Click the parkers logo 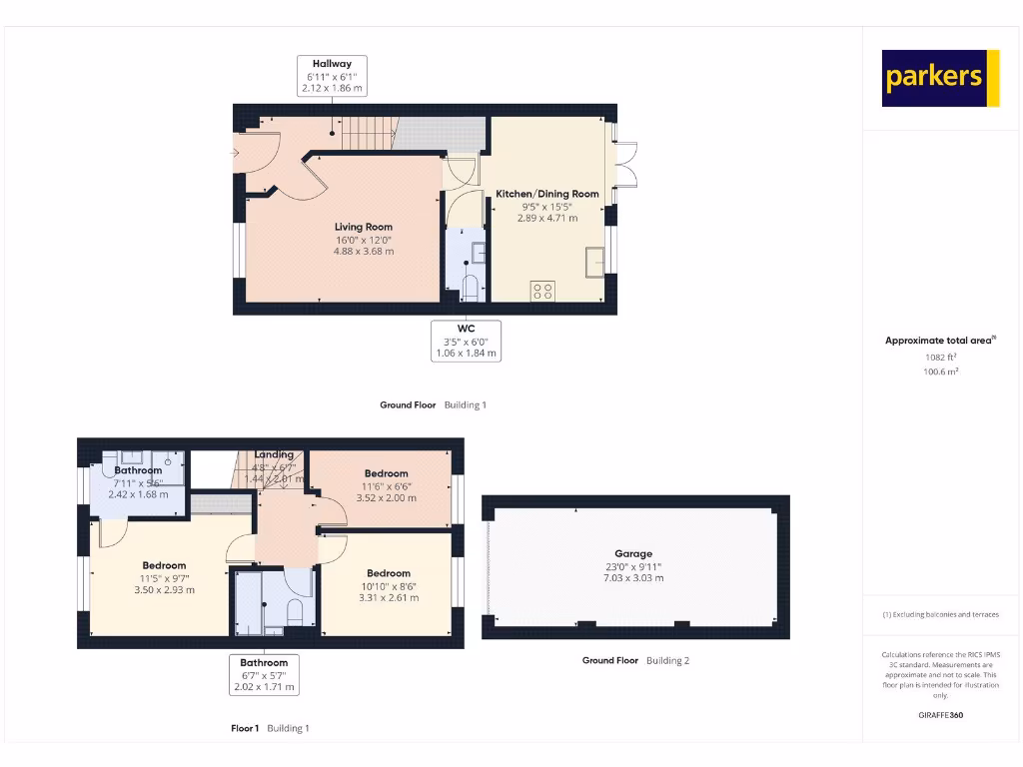940,78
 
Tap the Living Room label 364,227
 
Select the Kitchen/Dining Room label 547,194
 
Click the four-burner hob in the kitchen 542,291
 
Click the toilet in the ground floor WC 472,288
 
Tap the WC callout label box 466,341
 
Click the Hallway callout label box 332,76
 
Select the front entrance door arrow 234,153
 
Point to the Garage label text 633,553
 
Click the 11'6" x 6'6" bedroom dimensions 386,485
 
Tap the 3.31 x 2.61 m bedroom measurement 389,598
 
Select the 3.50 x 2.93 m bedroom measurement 164,590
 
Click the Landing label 274,454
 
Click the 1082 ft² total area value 939,357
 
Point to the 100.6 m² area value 939,372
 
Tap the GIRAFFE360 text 939,715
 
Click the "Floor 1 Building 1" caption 270,728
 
